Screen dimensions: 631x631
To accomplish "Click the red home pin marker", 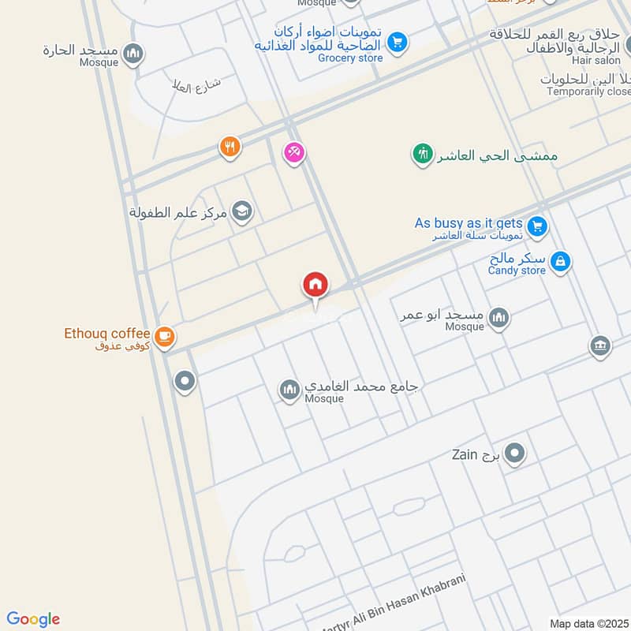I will pos(315,286).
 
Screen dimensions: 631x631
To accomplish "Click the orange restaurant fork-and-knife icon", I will pos(230,146).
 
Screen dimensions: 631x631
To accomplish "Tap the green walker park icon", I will pos(424,154).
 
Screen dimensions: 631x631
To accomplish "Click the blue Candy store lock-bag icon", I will pos(560,261).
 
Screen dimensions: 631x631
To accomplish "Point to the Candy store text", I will pos(517,271).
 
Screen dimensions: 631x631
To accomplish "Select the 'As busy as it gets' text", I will pos(469,223).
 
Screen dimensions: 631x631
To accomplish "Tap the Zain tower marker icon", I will pos(514,454).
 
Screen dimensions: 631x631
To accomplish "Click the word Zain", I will pos(465,454).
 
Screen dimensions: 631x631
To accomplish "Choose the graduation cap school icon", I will pos(243,211).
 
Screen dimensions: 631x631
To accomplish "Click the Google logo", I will pos(33,619).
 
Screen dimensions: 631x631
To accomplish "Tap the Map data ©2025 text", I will pos(588,623).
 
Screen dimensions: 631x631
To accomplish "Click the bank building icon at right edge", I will pos(599,345).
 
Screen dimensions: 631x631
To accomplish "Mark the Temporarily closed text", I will pos(588,91).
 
